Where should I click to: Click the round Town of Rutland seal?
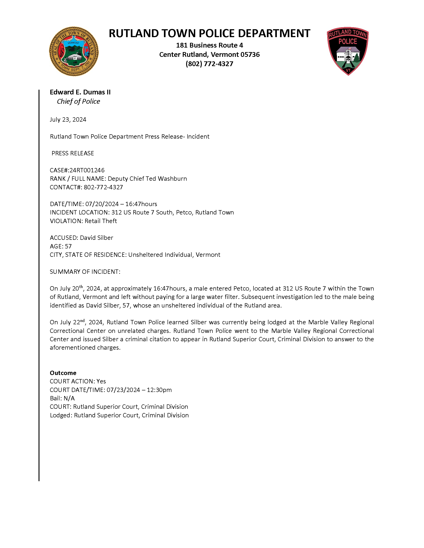tap(74, 51)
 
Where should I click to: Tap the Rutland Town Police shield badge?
tap(348, 51)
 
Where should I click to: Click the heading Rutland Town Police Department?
tap(209, 33)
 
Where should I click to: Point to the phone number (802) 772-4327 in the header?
tap(209, 64)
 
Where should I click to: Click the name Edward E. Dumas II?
tap(80, 92)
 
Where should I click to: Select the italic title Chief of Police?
tap(78, 101)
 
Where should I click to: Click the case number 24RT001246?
tap(87, 170)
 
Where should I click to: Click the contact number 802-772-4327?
tap(103, 187)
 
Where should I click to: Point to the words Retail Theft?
tap(101, 221)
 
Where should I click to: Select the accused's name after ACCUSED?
tap(96, 238)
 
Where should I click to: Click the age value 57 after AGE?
tap(68, 246)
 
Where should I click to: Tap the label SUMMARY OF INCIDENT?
tap(85, 272)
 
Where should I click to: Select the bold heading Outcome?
tap(63, 373)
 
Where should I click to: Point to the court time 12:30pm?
tap(159, 390)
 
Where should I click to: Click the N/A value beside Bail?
tap(69, 399)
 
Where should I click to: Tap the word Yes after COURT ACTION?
tap(101, 381)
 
